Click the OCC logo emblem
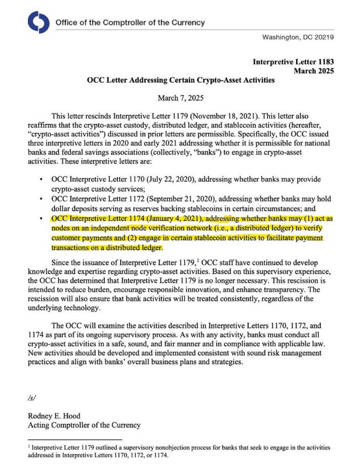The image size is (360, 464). [38, 23]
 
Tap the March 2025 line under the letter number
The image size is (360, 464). [314, 71]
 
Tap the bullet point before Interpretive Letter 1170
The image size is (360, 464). [41, 179]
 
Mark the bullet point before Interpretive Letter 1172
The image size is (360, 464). [41, 199]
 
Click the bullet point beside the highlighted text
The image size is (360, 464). [41, 218]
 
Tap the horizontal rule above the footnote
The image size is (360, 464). [74, 440]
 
